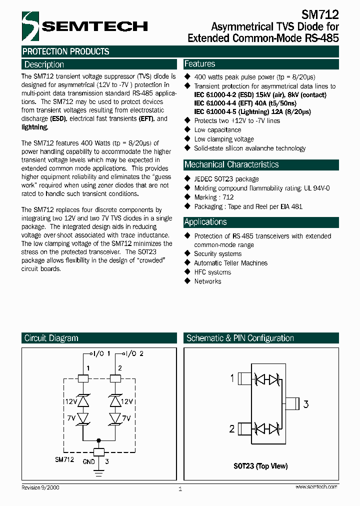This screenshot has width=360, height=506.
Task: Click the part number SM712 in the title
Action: (320, 14)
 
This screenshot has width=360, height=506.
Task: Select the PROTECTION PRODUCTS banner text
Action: (66, 51)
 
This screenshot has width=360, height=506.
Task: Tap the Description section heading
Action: (44, 64)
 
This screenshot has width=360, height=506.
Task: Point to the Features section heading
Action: (200, 64)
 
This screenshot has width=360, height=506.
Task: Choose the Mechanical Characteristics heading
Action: (231, 164)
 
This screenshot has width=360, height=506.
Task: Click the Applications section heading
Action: (205, 222)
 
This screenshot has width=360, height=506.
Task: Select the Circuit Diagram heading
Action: (51, 338)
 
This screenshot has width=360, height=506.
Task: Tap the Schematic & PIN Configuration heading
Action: (240, 338)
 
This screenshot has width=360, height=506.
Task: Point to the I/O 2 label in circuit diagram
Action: (135, 353)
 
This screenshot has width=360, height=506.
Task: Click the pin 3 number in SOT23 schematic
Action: (306, 404)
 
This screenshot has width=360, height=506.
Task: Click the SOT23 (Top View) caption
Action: (260, 465)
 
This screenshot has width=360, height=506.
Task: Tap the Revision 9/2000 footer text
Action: (40, 487)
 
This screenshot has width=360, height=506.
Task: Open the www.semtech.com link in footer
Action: (316, 486)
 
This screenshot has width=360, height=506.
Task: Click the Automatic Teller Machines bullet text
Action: (230, 263)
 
